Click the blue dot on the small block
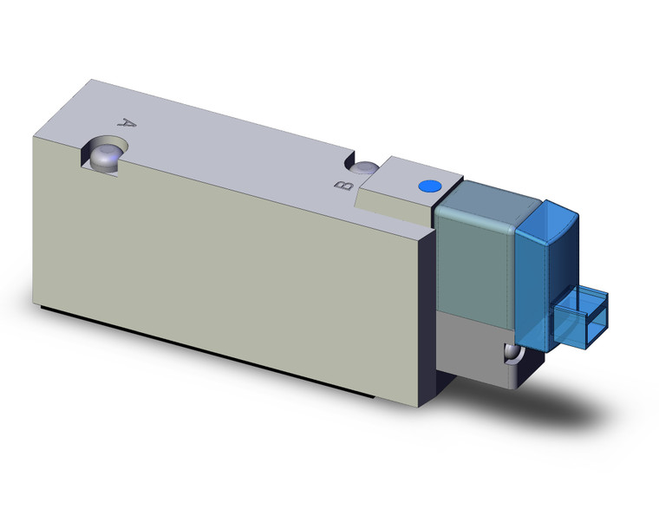427,186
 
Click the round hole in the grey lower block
512,354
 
